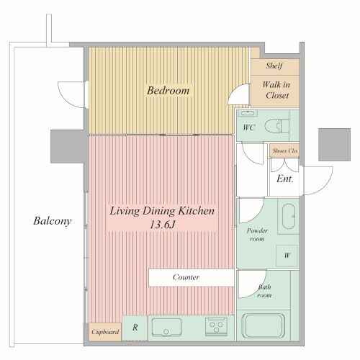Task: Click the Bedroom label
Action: coord(168,91)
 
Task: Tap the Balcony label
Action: coord(53,221)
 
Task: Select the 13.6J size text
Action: coord(162,225)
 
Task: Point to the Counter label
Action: coord(186,277)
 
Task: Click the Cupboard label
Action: coord(105,332)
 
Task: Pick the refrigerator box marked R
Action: coord(135,328)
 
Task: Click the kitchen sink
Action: coord(166,327)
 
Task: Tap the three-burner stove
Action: coord(216,327)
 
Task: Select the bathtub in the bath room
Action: coord(264,325)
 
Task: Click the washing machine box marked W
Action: coord(287,256)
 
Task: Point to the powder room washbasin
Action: coord(289,216)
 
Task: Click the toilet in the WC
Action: coord(276,126)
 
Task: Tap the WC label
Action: coord(248,127)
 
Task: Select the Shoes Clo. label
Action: coord(285,150)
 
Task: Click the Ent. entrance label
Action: coord(285,179)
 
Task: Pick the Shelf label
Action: coord(274,66)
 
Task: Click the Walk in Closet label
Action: coord(276,90)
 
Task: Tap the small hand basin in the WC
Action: coord(249,113)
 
